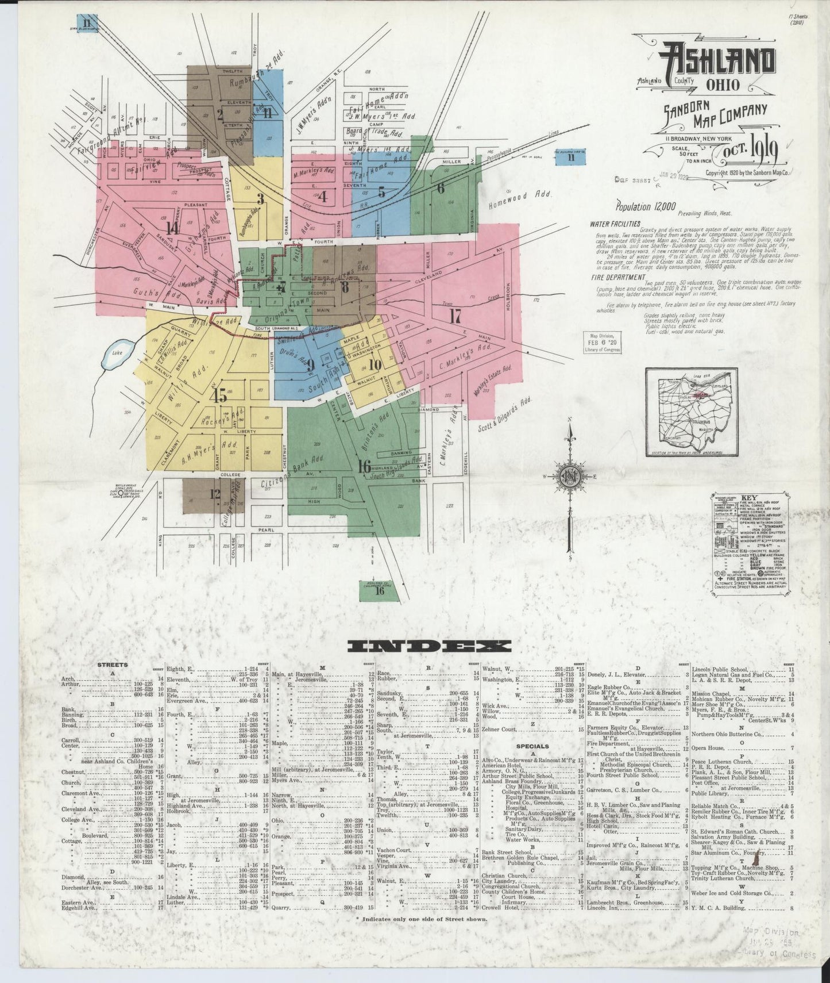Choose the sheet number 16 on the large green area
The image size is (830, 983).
tap(363, 466)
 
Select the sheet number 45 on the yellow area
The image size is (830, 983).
tap(218, 395)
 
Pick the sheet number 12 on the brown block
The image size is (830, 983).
tap(215, 493)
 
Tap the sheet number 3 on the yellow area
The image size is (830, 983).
tap(260, 199)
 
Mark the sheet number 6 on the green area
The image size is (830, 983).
tap(441, 187)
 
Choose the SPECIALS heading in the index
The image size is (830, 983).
tap(531, 746)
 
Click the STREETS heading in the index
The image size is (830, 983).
tap(113, 665)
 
